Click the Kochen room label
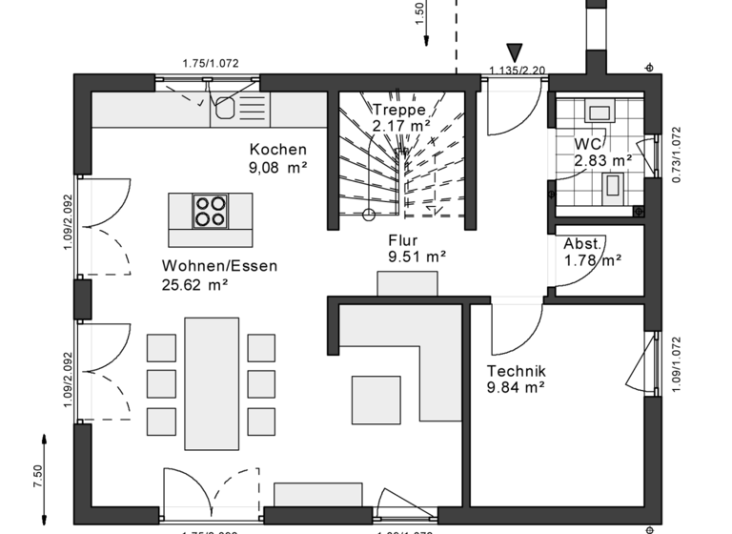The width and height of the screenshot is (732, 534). pos(278,150)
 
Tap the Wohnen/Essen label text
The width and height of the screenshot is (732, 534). pos(220,266)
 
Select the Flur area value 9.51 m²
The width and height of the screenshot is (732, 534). pos(417,257)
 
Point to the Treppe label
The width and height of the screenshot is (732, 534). pos(399,110)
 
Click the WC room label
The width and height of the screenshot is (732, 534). pos(588,144)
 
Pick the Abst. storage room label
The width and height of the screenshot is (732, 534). pos(583,243)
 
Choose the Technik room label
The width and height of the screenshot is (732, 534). pos(515,371)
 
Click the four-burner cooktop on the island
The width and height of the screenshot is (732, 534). pos(211,211)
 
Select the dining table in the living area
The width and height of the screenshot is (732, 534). pos(212,381)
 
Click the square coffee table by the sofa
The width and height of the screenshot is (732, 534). pos(376,399)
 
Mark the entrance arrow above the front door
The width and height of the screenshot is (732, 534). pos(516,51)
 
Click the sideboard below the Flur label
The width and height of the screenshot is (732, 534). pos(407,284)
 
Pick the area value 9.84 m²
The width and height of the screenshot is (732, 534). pos(515,387)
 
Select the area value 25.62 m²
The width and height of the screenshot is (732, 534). pos(194,283)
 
